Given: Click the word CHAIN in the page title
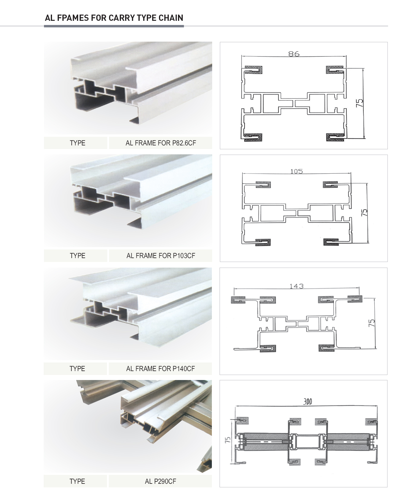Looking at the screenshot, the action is click(171, 18).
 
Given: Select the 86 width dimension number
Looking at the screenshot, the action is click(294, 54).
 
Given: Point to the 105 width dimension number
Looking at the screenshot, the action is click(297, 171).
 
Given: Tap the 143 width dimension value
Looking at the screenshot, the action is click(297, 286).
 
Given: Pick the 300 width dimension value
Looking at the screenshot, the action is click(308, 402).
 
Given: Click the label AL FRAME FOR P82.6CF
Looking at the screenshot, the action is click(161, 143).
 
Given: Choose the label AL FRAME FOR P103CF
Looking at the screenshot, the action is click(161, 256).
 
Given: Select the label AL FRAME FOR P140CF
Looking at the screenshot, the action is click(160, 369).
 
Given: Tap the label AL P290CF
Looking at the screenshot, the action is click(160, 481).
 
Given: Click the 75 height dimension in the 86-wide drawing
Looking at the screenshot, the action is click(360, 103).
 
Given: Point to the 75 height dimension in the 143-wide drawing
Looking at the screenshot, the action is click(372, 323).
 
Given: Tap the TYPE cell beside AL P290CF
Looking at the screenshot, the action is click(77, 481).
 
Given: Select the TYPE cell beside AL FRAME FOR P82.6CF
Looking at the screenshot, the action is click(78, 143).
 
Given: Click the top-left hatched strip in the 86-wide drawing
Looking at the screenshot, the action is click(253, 69).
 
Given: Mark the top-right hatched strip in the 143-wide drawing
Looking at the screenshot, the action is click(354, 299).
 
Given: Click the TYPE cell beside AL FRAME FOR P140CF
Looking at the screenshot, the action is click(77, 369).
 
